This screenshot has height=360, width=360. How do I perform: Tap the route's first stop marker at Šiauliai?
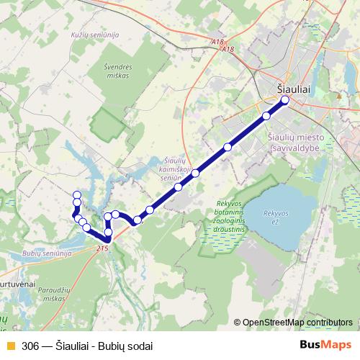pyautogui.click(x=284, y=100)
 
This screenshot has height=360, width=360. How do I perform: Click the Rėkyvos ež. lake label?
pyautogui.click(x=275, y=216)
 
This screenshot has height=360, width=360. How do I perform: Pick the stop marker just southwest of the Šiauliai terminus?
pyautogui.click(x=266, y=115)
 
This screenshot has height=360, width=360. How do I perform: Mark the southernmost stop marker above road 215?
pyautogui.click(x=107, y=238)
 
